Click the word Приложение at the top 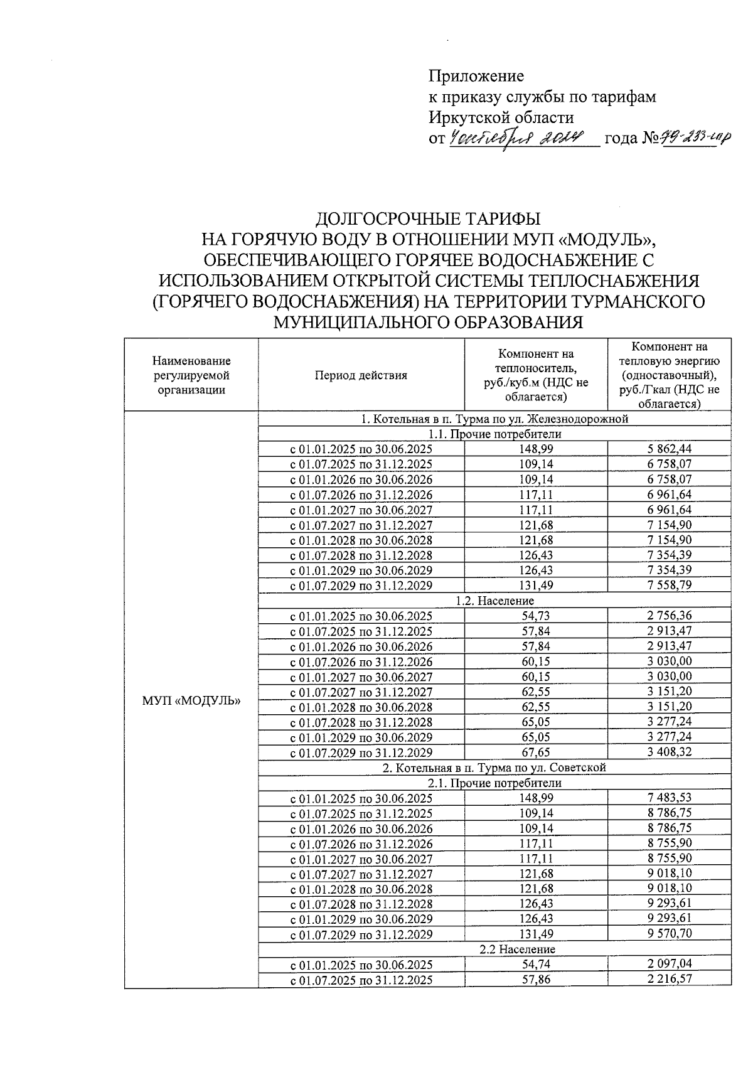(476, 77)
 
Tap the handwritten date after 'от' (516, 137)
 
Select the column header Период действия (361, 375)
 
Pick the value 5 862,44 (669, 449)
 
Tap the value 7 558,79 (669, 585)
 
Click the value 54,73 (535, 616)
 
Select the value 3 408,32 (669, 752)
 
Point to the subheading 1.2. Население (494, 601)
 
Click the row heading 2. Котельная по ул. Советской (494, 768)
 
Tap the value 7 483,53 (669, 798)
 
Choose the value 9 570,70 (669, 934)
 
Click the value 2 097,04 (669, 964)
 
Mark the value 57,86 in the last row (535, 979)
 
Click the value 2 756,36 (669, 616)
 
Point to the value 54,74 (535, 964)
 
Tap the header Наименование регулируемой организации (191, 375)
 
